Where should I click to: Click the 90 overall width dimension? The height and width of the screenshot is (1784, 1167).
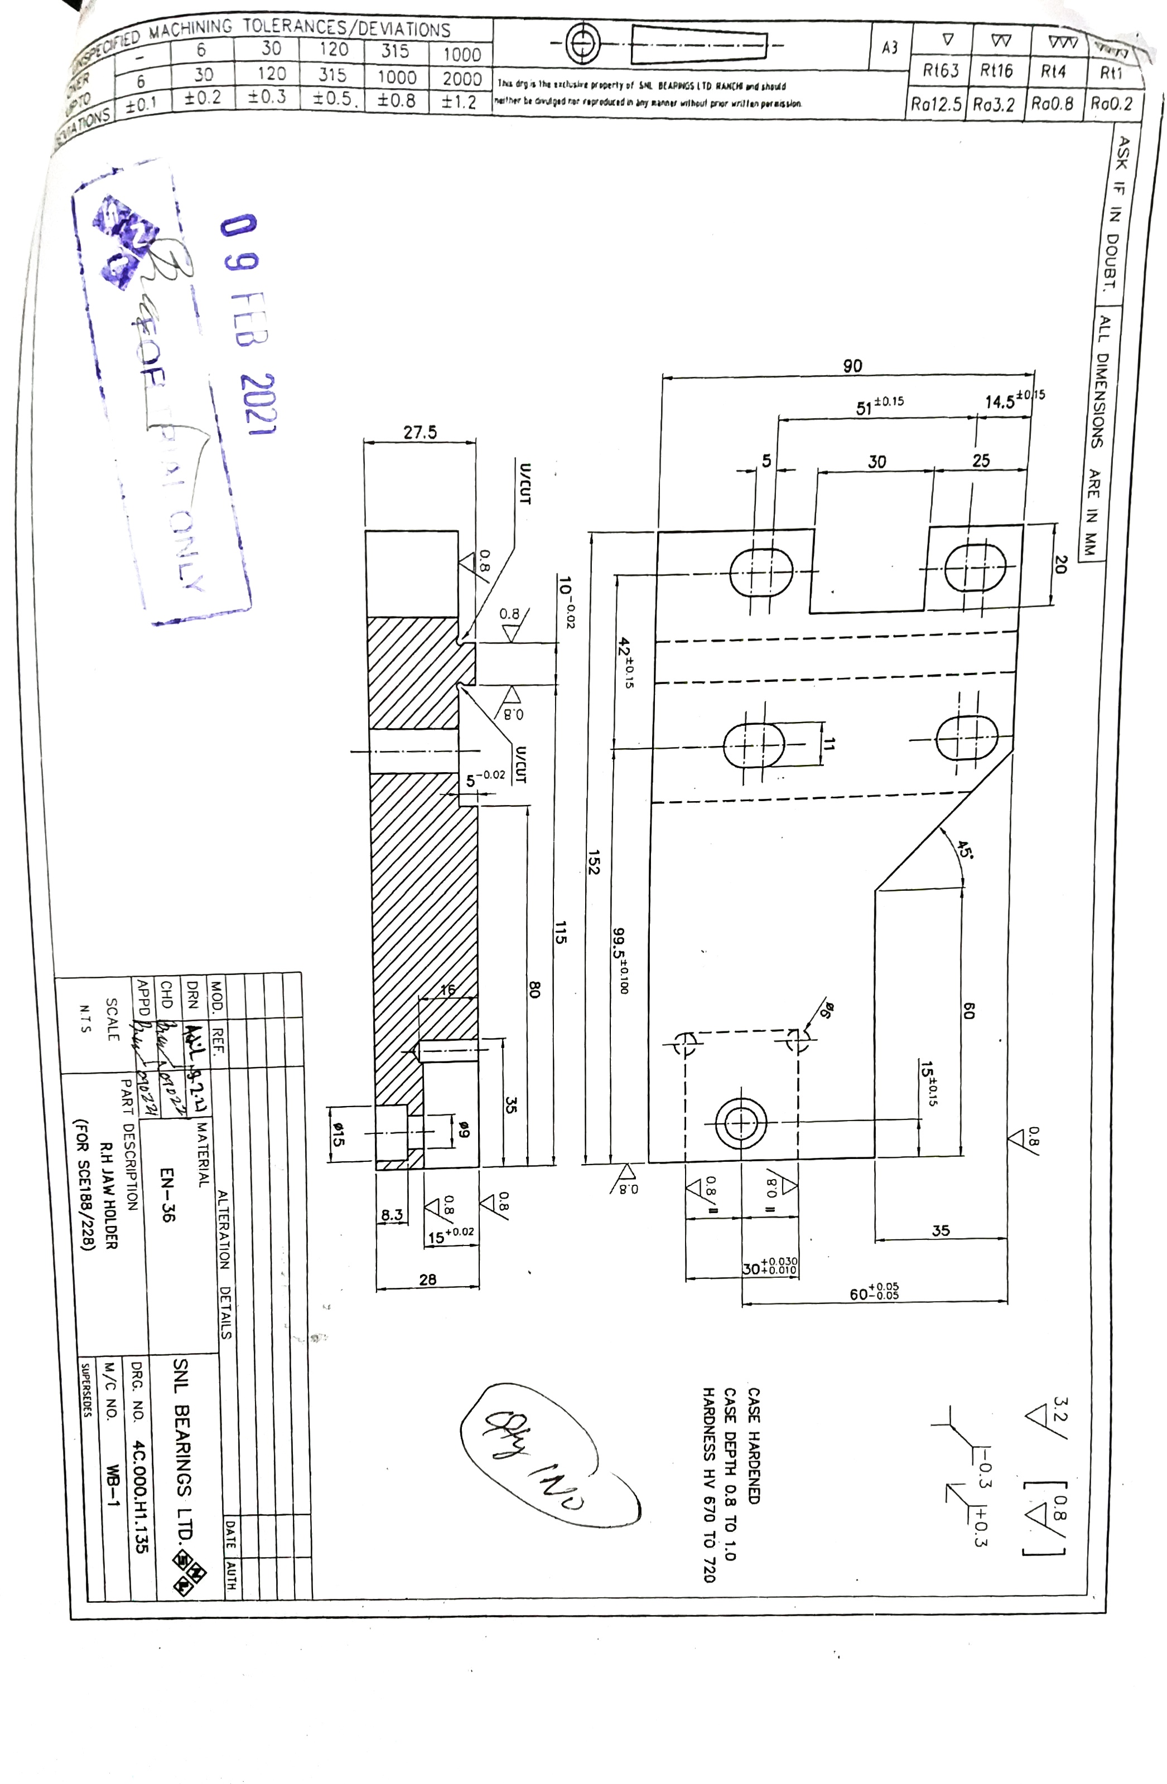[x=852, y=366]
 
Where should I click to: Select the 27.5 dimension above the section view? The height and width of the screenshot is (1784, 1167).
[x=420, y=433]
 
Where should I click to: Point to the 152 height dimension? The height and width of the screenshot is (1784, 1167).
[x=593, y=861]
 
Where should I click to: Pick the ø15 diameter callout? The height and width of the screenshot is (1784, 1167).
[x=338, y=1134]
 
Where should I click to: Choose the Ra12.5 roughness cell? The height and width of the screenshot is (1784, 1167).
[x=936, y=104]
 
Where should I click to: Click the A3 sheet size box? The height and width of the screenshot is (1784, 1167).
[x=890, y=48]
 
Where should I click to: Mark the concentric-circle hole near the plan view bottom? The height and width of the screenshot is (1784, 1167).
[x=741, y=1123]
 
